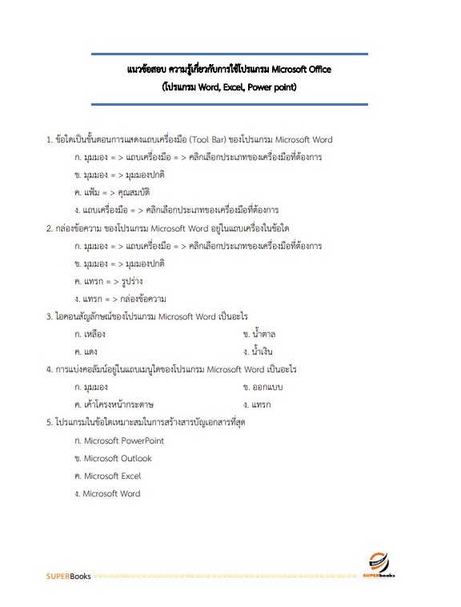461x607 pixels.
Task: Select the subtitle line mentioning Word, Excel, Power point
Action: click(x=230, y=86)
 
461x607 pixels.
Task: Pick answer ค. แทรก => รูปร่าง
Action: click(x=108, y=281)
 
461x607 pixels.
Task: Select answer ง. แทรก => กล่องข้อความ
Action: click(x=119, y=299)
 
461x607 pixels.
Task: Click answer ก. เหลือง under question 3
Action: click(x=90, y=334)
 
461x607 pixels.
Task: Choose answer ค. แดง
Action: click(x=86, y=352)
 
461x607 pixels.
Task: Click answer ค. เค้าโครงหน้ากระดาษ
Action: click(x=114, y=404)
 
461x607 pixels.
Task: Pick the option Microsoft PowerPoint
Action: click(x=118, y=440)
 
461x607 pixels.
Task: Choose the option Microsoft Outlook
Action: click(x=112, y=458)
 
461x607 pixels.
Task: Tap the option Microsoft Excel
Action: click(x=106, y=476)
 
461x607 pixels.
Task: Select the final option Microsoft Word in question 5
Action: click(x=106, y=493)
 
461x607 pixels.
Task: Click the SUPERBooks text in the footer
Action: click(x=68, y=575)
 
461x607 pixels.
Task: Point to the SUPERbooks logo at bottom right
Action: click(x=379, y=565)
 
